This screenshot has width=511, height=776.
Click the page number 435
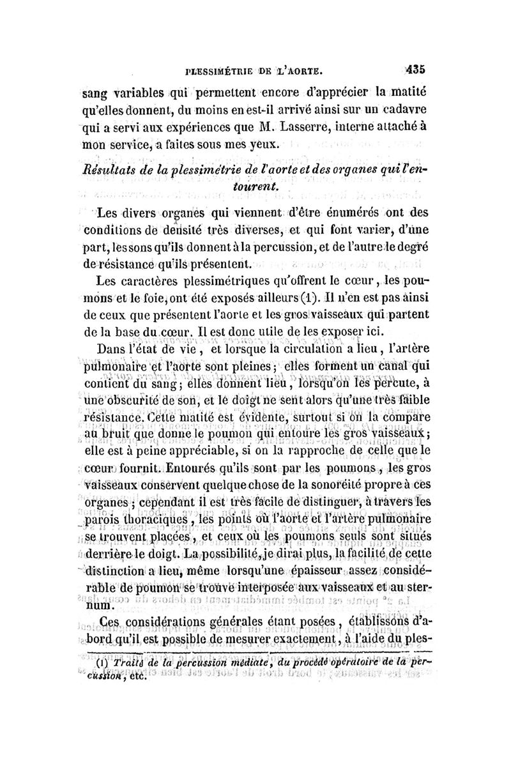pos(415,69)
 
